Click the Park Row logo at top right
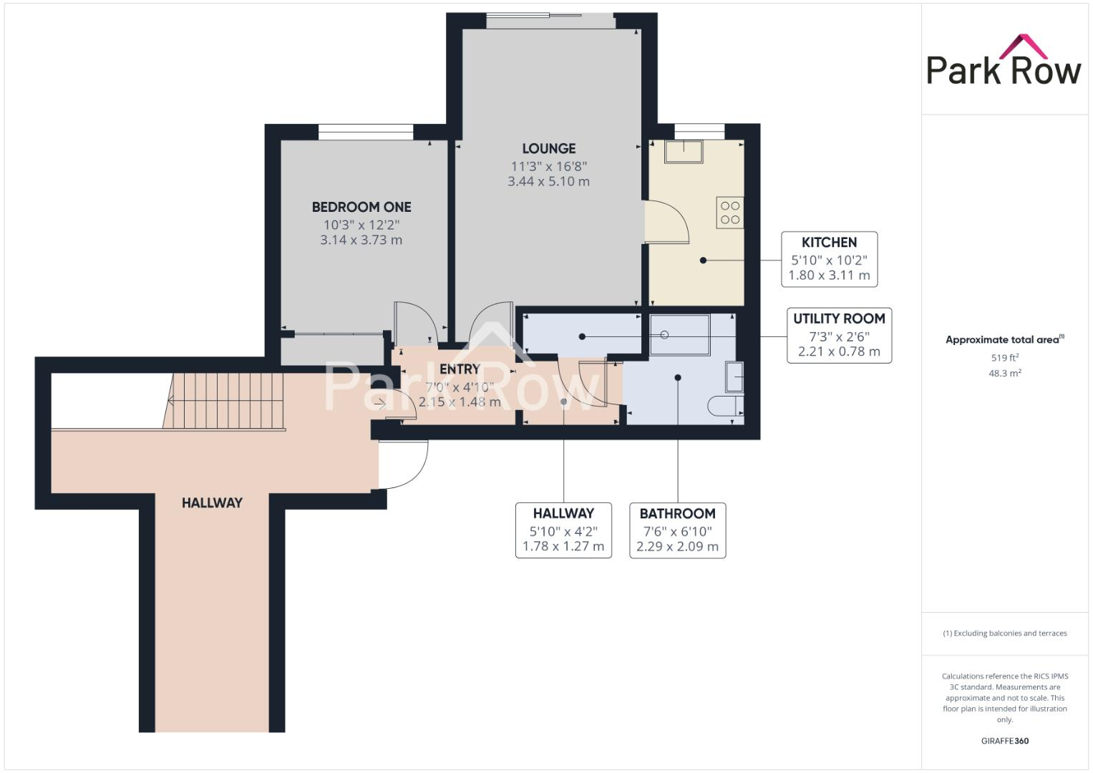click(1004, 60)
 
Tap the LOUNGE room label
click(548, 149)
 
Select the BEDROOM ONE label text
click(361, 208)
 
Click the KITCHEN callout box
click(829, 259)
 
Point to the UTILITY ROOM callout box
click(839, 335)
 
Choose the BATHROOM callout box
click(677, 530)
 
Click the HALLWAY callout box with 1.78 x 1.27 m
click(563, 530)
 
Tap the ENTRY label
click(460, 369)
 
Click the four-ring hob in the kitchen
click(730, 213)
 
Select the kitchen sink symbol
click(683, 151)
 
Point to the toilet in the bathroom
click(725, 407)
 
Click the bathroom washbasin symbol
click(734, 376)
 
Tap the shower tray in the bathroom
click(679, 335)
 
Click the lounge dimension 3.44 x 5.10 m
click(548, 182)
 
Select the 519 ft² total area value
click(1004, 358)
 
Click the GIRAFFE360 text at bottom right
click(1004, 741)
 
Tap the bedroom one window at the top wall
click(366, 132)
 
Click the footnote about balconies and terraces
click(1004, 633)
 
